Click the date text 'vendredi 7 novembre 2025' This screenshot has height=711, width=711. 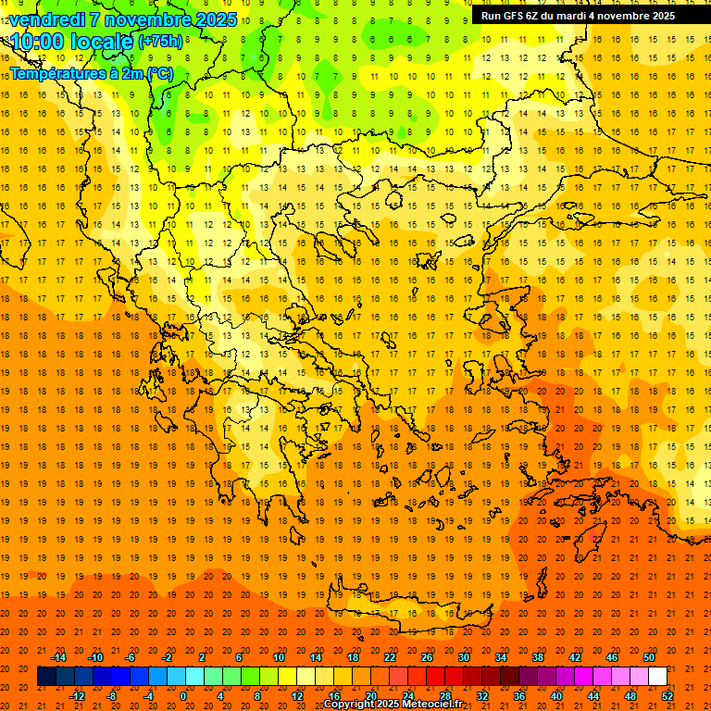pyautogui.click(x=123, y=19)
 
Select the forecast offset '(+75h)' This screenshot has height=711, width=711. pyautogui.click(x=161, y=42)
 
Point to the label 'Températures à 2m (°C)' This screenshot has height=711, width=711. pyautogui.click(x=91, y=73)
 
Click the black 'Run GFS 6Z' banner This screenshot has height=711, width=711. pyautogui.click(x=591, y=16)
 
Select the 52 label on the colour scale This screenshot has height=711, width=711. pyautogui.click(x=667, y=695)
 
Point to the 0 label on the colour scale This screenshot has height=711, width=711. pyautogui.click(x=183, y=695)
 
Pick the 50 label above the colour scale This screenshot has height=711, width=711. pyautogui.click(x=648, y=657)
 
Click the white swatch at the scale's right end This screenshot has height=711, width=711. pyautogui.click(x=657, y=677)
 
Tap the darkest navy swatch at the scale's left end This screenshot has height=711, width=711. pyautogui.click(x=46, y=677)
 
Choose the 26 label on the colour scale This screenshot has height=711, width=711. pyautogui.click(x=427, y=657)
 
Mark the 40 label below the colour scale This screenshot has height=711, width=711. pyautogui.click(x=556, y=695)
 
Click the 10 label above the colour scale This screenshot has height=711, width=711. pyautogui.click(x=279, y=657)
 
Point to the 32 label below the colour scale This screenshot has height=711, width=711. pyautogui.click(x=482, y=695)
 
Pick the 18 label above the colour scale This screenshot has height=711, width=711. pyautogui.click(x=353, y=657)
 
